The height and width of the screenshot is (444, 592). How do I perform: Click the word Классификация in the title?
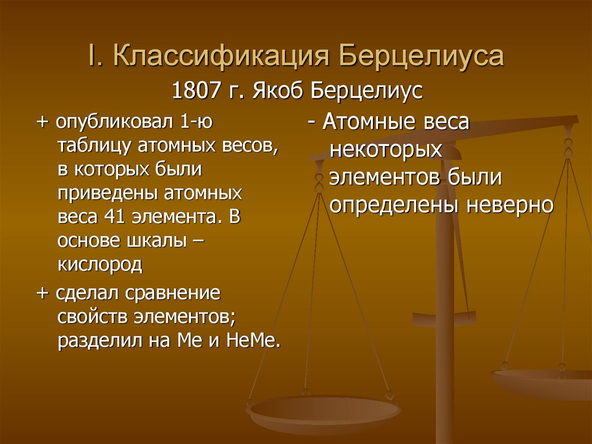[x=221, y=58]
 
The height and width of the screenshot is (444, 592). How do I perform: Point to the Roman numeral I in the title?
[x=92, y=58]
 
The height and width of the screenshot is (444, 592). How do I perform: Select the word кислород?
[x=99, y=265]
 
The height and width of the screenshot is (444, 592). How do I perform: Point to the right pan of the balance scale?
[x=543, y=382]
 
